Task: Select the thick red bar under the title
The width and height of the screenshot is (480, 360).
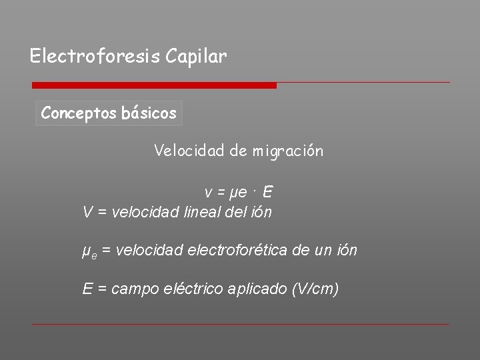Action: point(154,85)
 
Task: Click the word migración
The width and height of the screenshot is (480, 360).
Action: point(287,151)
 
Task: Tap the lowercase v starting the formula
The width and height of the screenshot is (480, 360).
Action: point(209,193)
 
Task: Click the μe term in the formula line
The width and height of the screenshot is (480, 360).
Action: point(237,193)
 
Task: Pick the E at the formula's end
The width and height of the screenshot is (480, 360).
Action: point(267,193)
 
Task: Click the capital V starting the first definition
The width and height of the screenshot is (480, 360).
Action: point(87,213)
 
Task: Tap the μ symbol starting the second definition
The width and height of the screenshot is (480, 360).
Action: point(85,251)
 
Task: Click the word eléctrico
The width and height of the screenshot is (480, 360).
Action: point(193,289)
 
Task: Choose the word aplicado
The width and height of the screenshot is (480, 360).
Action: point(257,289)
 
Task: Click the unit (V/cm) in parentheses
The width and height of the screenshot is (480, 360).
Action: point(315,289)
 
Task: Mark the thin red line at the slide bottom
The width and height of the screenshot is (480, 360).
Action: point(240,325)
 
